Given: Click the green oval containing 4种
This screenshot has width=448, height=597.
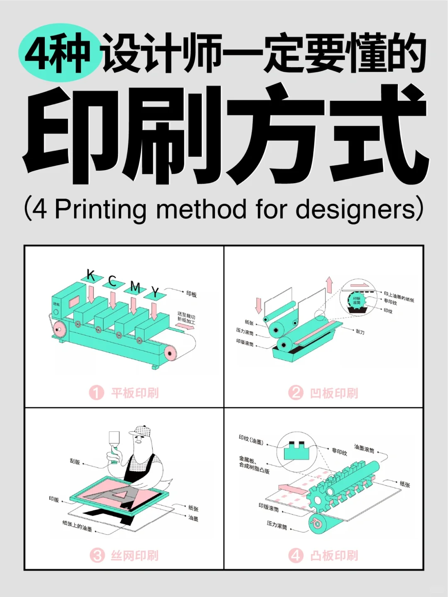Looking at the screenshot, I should [x=58, y=53].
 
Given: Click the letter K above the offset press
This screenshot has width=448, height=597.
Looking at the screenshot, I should [x=91, y=275].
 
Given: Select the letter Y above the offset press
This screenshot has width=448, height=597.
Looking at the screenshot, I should [x=155, y=292].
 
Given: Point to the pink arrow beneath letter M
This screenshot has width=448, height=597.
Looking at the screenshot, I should [x=134, y=306].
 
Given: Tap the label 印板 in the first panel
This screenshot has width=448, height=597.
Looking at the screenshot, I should [x=191, y=294].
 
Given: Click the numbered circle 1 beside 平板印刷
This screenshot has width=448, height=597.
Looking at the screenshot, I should [x=96, y=392].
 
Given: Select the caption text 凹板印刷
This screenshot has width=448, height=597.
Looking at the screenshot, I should [x=334, y=393].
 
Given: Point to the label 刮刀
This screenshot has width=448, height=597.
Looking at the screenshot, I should [x=360, y=332].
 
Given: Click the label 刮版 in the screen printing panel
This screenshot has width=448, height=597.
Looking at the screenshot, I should [x=75, y=462].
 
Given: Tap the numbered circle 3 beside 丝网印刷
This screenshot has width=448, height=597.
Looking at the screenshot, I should [x=97, y=555].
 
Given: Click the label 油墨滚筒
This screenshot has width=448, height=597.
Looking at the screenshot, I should [x=364, y=448].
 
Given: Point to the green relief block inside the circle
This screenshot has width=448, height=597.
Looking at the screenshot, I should [x=297, y=450].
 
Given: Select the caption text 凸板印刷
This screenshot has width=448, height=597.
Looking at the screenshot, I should [x=334, y=555].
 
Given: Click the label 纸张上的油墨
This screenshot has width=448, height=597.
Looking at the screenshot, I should [x=77, y=526].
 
